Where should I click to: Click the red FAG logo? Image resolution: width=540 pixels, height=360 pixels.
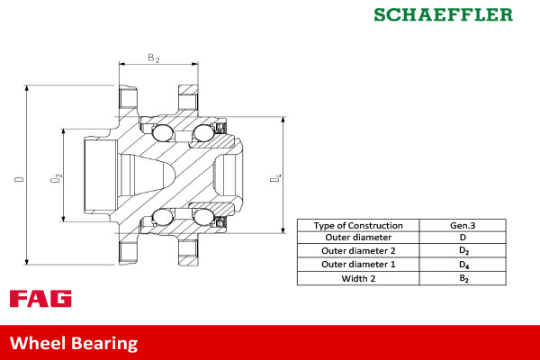point(40,299)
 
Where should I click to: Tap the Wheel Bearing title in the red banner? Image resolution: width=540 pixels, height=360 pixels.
point(74,343)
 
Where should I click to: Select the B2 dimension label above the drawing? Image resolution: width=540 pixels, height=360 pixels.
point(153,58)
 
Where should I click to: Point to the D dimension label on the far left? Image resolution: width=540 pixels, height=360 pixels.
point(19,179)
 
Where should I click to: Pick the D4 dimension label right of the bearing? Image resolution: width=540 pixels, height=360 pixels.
point(276,180)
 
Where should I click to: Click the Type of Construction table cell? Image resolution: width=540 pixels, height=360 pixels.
point(359,225)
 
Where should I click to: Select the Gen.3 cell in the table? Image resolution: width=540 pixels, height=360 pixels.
point(463,225)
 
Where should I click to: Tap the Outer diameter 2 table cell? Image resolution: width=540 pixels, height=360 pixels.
point(359,251)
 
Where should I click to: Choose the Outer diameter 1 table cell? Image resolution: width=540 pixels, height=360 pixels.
point(359,265)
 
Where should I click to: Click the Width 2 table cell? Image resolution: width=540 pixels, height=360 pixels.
point(359,278)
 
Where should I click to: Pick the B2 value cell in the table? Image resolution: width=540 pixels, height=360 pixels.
point(463,278)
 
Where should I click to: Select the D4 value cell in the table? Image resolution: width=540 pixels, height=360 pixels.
point(463,265)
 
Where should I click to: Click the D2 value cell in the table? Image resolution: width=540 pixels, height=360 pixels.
point(463,251)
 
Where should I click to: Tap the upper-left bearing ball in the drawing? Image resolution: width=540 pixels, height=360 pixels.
point(162,134)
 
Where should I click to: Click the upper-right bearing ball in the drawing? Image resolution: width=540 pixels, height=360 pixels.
point(202,134)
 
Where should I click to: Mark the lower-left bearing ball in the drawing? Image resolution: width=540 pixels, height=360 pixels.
point(162,216)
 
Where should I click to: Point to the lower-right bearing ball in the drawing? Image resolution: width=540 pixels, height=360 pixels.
point(202,216)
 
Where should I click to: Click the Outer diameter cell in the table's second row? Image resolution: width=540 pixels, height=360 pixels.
point(359,238)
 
